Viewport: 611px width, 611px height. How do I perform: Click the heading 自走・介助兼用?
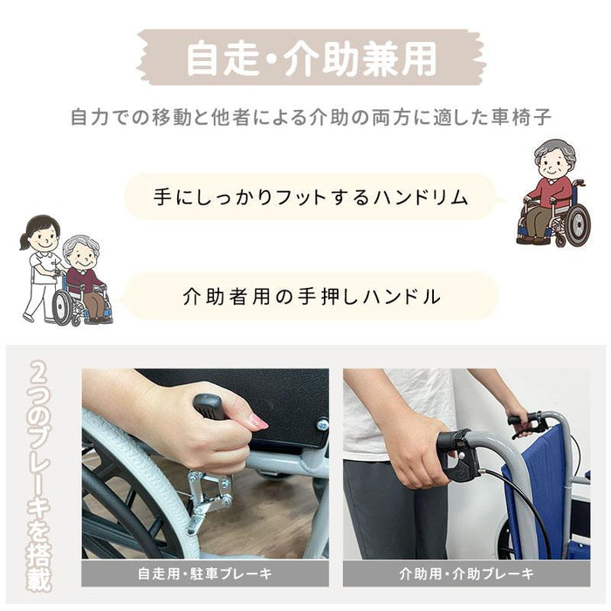(x=311, y=58)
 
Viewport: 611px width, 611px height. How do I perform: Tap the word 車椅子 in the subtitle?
(x=521, y=117)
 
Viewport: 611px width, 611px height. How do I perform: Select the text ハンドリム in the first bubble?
(x=421, y=197)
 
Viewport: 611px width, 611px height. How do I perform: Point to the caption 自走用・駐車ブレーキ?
(x=205, y=573)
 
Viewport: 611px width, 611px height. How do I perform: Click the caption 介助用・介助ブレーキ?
(x=466, y=573)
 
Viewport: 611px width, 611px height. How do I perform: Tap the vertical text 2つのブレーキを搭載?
(x=39, y=477)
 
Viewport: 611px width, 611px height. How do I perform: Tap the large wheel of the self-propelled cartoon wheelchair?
(x=578, y=225)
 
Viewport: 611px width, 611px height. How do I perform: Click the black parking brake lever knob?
(x=211, y=406)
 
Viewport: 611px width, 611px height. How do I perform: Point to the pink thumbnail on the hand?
(x=258, y=422)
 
